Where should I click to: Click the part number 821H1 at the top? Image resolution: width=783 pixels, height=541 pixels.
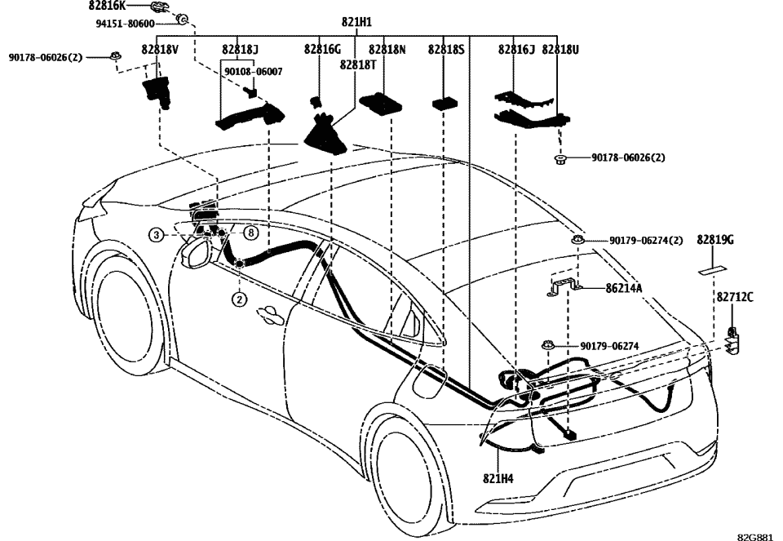click(356, 24)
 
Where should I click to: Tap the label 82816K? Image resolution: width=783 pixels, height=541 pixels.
click(107, 6)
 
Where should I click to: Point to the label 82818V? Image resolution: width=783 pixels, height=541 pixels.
click(158, 50)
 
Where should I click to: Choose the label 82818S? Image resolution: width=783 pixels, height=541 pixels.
click(446, 50)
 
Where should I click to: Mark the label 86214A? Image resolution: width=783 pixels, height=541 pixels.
click(624, 288)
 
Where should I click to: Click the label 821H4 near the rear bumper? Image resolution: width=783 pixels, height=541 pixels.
click(498, 478)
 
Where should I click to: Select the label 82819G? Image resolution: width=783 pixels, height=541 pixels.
click(715, 240)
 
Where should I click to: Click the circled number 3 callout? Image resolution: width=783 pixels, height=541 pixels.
click(154, 235)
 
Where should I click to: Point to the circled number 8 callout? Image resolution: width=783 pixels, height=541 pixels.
click(251, 233)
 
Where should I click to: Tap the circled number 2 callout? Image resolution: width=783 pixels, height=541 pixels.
click(238, 299)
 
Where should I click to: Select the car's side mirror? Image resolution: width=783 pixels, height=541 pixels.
click(196, 251)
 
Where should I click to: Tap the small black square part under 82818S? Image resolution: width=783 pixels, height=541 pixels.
click(445, 104)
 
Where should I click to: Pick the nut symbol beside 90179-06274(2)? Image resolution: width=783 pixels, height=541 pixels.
click(577, 240)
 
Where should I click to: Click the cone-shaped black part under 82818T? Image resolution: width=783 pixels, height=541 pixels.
click(328, 133)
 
